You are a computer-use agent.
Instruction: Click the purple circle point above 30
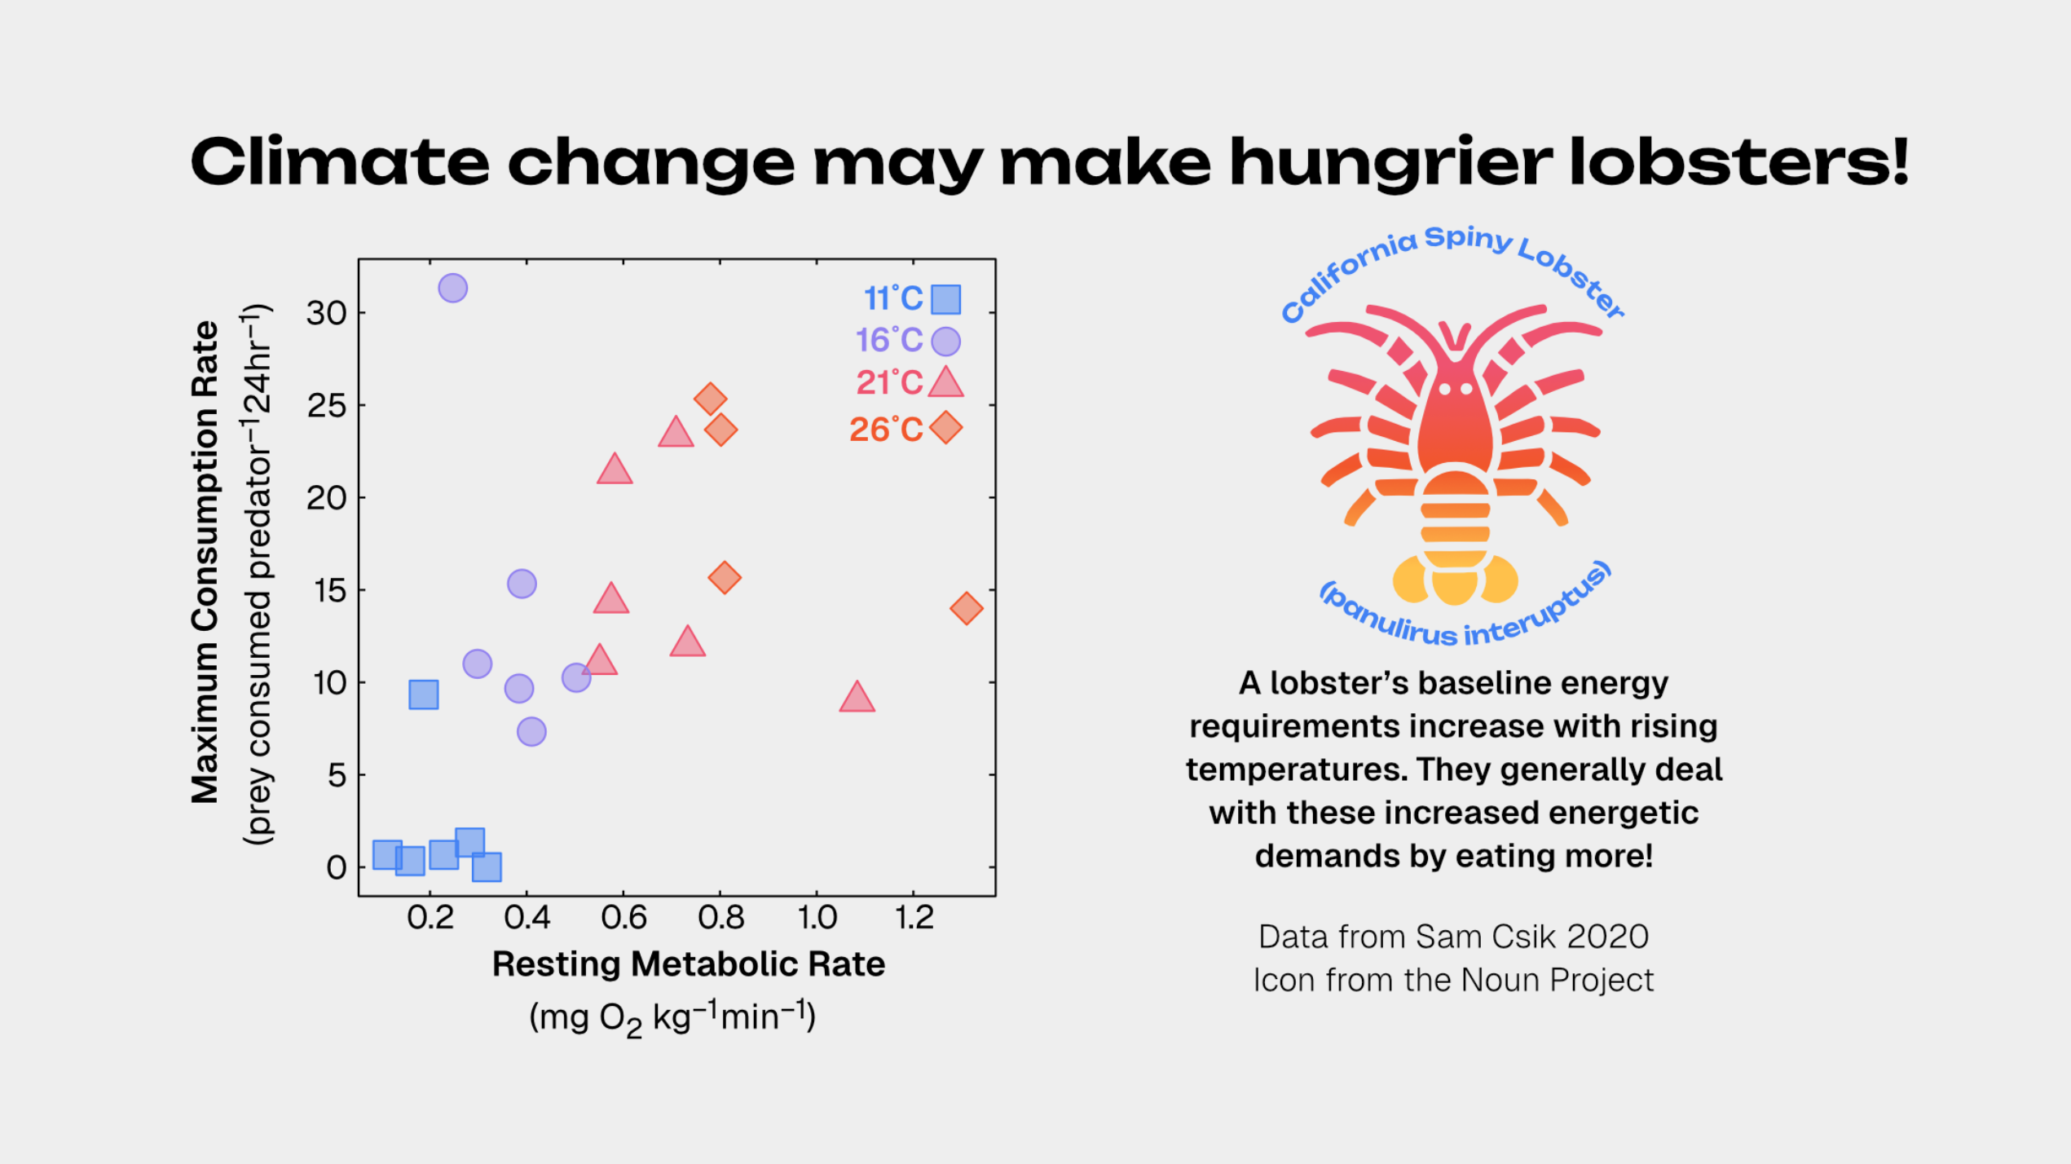(452, 288)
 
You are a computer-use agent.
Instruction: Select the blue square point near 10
(423, 694)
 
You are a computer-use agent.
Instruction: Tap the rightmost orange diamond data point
(966, 608)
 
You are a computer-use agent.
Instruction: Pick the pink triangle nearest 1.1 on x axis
(857, 698)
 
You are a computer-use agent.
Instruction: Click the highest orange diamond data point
(710, 399)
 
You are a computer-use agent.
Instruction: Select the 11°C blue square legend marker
(945, 299)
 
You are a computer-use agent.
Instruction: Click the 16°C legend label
(888, 340)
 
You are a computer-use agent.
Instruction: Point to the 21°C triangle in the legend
(945, 383)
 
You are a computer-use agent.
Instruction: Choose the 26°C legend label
(885, 429)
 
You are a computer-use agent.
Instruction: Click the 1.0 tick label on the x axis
(817, 918)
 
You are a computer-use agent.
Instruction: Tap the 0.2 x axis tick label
(430, 918)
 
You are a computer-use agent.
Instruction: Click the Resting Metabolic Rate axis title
(688, 964)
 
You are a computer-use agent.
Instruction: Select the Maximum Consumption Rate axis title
(205, 562)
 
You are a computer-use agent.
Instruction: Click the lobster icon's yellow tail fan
(1455, 580)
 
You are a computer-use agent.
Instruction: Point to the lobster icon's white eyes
(1455, 389)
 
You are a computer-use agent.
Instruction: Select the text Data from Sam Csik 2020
(1453, 937)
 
